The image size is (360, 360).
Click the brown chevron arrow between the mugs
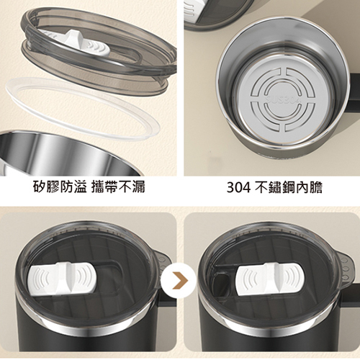point(180,280)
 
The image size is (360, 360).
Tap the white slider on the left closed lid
point(62,278)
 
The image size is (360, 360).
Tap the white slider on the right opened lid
point(269,279)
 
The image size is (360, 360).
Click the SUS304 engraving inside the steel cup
point(282,99)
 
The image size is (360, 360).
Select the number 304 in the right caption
point(238,187)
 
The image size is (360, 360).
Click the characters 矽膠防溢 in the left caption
point(60,186)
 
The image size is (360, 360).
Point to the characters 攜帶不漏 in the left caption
point(119,186)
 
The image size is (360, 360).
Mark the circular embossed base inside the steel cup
point(283,100)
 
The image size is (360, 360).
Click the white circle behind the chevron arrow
point(179,280)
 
